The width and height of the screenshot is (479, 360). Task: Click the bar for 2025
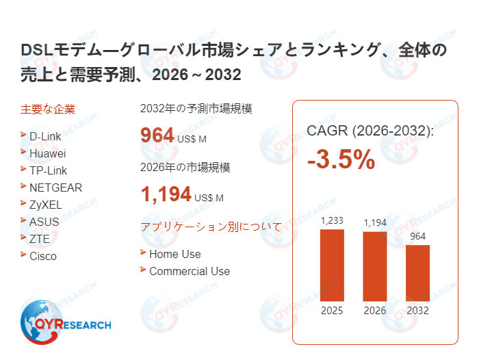point(332,265)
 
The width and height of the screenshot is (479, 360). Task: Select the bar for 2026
point(374,266)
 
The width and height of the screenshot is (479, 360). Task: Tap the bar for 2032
point(417,272)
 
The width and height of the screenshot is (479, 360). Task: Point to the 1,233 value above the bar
point(332,220)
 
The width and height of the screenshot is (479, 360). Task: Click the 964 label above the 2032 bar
point(417,237)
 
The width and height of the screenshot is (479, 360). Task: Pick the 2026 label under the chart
point(374,311)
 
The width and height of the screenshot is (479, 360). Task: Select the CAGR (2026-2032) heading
point(370,131)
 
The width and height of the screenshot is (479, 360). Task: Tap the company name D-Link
point(45,136)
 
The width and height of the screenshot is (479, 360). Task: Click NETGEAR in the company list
point(55,188)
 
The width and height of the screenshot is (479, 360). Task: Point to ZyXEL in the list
point(46,205)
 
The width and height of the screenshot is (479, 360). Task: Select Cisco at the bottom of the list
point(43,256)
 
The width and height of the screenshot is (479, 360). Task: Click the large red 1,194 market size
point(166,195)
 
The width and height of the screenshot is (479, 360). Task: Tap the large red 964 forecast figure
point(157,136)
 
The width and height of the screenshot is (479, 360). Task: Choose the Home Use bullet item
point(174,254)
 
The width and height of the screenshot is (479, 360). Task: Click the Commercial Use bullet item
point(189,271)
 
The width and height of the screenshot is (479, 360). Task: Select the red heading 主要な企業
point(48,109)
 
